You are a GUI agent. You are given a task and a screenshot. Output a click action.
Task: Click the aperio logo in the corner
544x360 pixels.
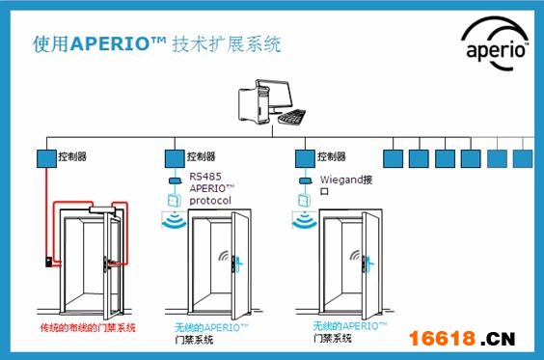495,44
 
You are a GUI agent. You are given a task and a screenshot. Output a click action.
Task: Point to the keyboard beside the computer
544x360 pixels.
292,116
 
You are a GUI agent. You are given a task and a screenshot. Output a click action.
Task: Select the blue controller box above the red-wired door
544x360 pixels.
46,158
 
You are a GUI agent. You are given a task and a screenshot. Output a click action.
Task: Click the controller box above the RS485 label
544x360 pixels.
175,158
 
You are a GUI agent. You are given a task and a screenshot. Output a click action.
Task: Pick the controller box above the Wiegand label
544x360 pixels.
305,158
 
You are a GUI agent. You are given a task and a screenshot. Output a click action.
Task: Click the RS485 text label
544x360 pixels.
205,177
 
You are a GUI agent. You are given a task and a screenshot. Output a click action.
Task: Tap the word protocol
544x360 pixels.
210,201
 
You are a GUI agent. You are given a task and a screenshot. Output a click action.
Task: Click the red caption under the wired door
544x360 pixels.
88,328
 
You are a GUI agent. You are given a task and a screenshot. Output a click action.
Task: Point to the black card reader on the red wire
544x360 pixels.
49,262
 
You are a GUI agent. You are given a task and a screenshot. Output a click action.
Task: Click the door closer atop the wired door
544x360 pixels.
102,209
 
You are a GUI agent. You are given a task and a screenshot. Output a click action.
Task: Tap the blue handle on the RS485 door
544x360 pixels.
239,265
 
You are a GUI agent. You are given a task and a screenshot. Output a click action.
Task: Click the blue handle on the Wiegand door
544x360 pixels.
369,264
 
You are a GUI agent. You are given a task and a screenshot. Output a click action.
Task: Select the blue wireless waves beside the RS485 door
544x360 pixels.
175,221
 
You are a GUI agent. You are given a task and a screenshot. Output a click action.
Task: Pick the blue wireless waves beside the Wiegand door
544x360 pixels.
304,221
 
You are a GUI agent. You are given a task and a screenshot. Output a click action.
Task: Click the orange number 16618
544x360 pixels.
442,339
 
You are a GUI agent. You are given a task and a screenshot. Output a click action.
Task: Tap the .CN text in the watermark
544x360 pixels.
498,339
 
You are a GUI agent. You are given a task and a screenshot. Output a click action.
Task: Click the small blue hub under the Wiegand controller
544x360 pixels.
306,180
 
